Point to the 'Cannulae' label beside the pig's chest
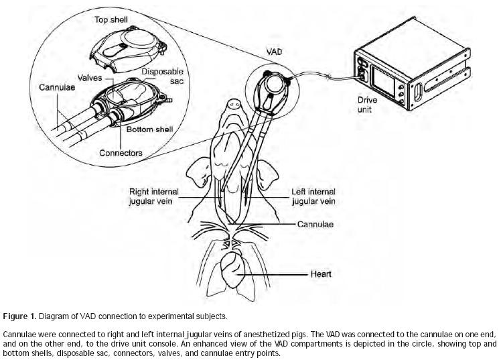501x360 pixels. point(315,225)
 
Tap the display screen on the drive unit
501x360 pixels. point(390,76)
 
